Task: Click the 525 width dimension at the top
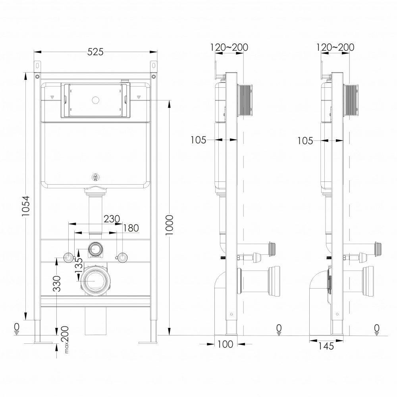click(95, 52)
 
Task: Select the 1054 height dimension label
click(26, 206)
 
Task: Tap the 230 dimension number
click(112, 219)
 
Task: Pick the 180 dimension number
click(131, 228)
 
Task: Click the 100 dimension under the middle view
click(225, 345)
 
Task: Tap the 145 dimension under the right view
click(326, 346)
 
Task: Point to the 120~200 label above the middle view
click(229, 47)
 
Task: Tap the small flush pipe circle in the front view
click(95, 249)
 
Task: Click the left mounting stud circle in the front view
click(69, 258)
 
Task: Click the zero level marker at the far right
click(376, 330)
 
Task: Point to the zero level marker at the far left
click(16, 329)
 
